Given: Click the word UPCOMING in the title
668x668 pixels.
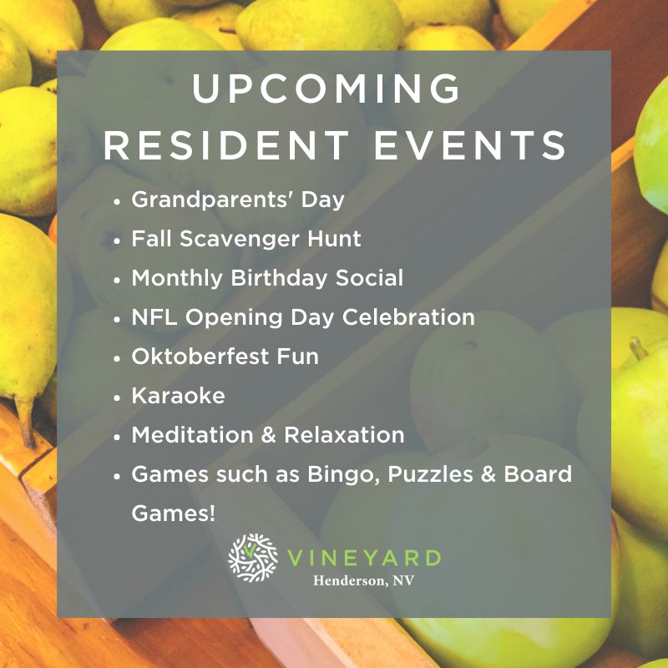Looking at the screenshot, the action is click(x=326, y=88).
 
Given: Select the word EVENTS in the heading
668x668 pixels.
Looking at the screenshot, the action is click(x=470, y=144).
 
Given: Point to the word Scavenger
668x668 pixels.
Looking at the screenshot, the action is click(x=240, y=240).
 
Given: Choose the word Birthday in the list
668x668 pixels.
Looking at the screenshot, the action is click(x=279, y=278).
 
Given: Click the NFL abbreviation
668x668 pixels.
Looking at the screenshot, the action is click(x=154, y=317).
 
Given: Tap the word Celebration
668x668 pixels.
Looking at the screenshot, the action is click(x=408, y=317).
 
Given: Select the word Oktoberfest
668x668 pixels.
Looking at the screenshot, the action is click(x=200, y=357).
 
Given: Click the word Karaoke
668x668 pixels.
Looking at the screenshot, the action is click(x=178, y=395).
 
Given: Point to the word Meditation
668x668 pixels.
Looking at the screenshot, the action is click(x=193, y=434).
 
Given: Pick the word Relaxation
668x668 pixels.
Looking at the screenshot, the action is click(x=344, y=434).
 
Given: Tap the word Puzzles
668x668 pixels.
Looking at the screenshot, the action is click(x=430, y=474).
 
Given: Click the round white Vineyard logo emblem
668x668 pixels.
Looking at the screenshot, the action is click(x=253, y=558).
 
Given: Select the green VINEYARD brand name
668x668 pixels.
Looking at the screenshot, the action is click(x=364, y=558).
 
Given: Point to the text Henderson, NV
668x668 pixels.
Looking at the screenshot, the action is click(x=363, y=580).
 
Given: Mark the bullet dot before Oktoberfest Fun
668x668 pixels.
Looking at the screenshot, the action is click(x=118, y=358).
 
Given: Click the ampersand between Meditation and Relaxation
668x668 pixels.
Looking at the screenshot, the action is click(x=268, y=435).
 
